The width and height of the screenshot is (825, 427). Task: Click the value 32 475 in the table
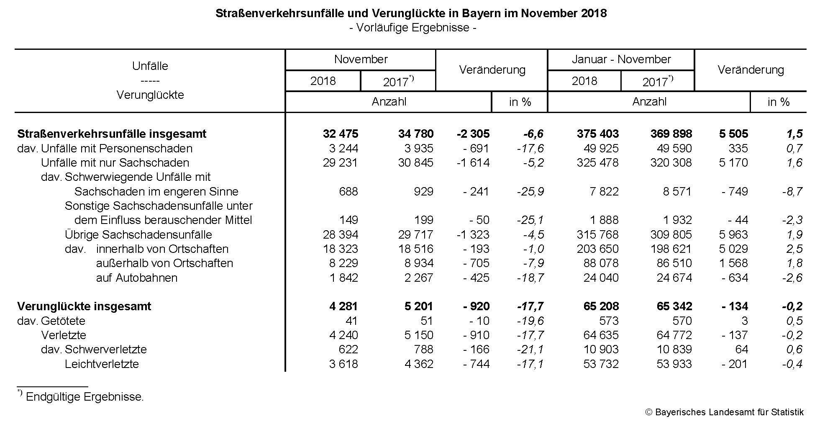click(340, 134)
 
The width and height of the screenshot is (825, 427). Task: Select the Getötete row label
click(63, 321)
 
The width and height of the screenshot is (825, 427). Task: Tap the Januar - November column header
click(621, 59)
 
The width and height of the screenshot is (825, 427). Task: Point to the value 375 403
click(597, 134)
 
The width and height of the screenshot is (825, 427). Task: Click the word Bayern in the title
click(486, 13)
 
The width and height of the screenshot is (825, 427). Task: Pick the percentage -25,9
click(530, 192)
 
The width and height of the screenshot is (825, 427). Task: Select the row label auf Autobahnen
click(136, 278)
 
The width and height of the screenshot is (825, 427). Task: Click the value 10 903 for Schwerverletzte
click(601, 350)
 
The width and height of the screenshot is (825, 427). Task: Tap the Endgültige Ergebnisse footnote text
click(85, 397)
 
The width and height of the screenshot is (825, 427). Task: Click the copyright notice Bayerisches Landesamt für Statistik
click(725, 412)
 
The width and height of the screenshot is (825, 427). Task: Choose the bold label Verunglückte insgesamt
click(84, 306)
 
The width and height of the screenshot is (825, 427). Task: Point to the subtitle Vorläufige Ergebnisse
click(412, 28)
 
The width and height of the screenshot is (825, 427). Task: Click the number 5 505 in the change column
click(733, 134)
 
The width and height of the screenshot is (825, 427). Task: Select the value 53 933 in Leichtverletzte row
click(674, 364)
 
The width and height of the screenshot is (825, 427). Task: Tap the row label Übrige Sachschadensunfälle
click(138, 235)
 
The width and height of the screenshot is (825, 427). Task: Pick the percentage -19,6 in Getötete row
click(530, 321)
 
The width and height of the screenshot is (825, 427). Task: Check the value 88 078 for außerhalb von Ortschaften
click(601, 263)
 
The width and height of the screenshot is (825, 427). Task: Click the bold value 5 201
click(418, 306)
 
